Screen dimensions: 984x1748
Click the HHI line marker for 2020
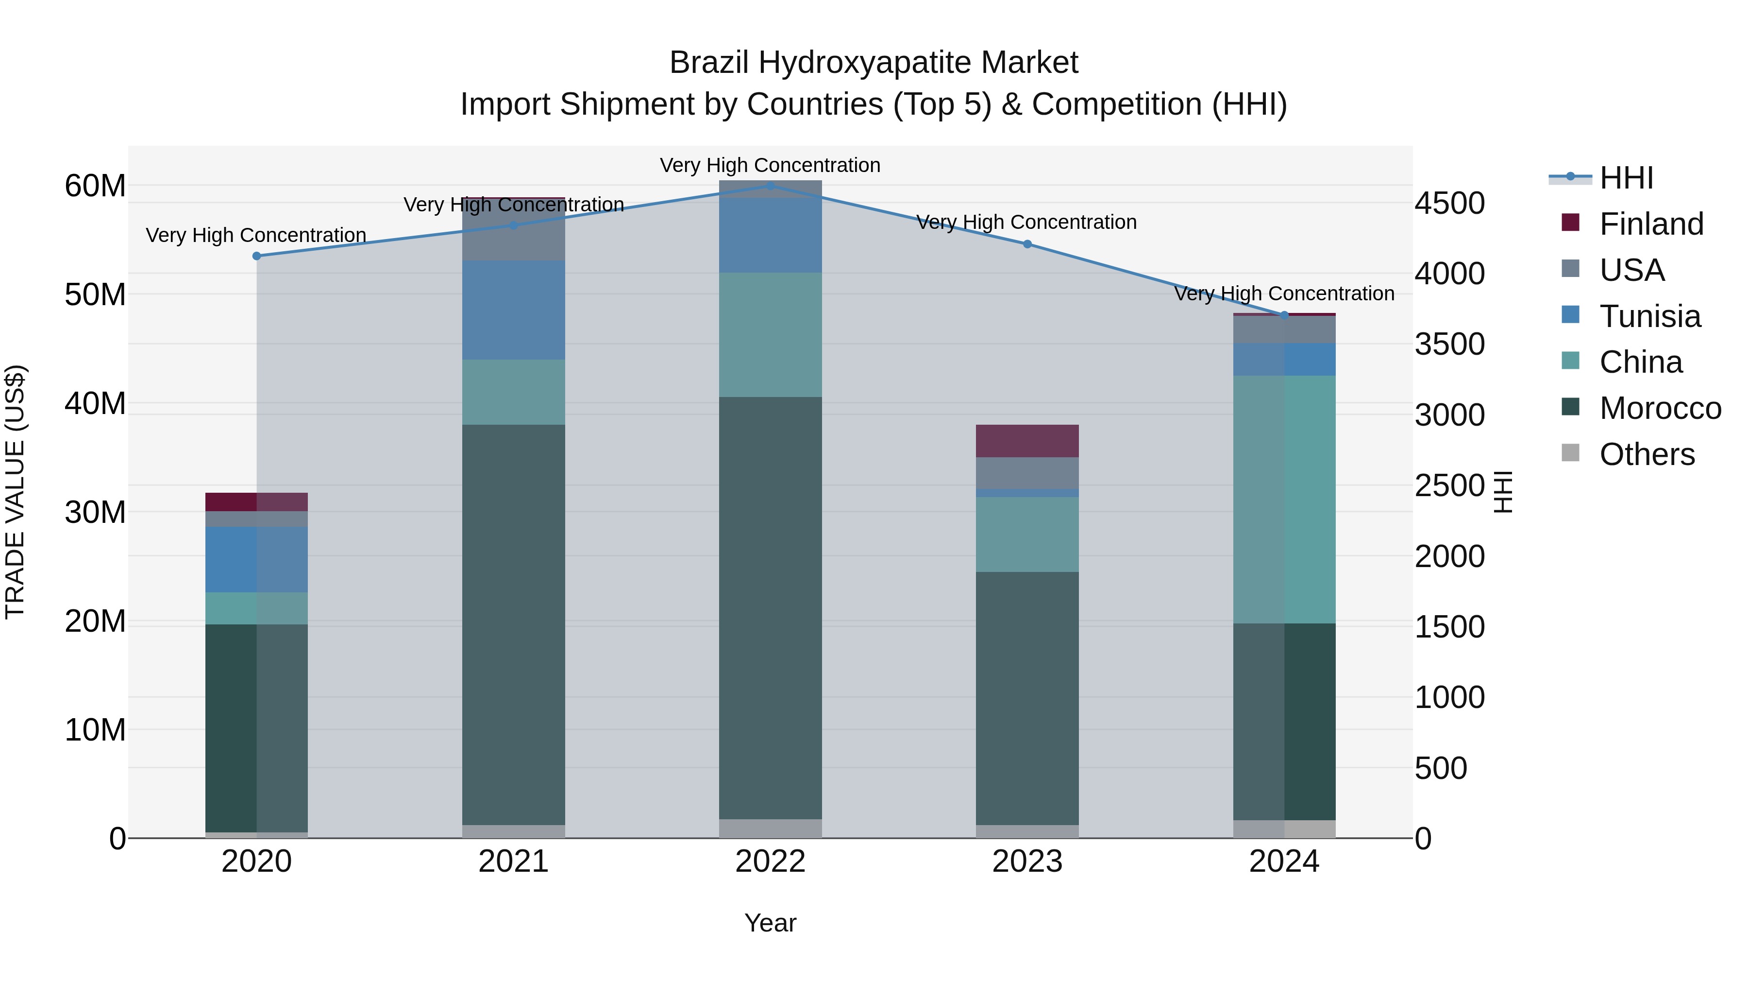(x=256, y=256)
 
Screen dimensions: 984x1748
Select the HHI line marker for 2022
(x=770, y=186)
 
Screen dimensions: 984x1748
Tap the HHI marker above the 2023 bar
(x=1027, y=244)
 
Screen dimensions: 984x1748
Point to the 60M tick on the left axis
(x=95, y=186)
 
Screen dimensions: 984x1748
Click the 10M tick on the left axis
(x=95, y=730)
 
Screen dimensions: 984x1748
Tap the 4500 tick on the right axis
(x=1449, y=203)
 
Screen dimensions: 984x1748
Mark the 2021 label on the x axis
(x=514, y=862)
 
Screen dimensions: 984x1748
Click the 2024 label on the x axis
(x=1284, y=862)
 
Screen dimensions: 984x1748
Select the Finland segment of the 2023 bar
(x=1027, y=441)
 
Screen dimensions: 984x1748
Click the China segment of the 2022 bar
(x=770, y=335)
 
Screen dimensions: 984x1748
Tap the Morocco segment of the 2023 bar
(x=1027, y=698)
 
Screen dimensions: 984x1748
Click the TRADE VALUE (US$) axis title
(x=15, y=492)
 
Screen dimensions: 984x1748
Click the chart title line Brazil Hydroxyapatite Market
(x=874, y=63)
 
